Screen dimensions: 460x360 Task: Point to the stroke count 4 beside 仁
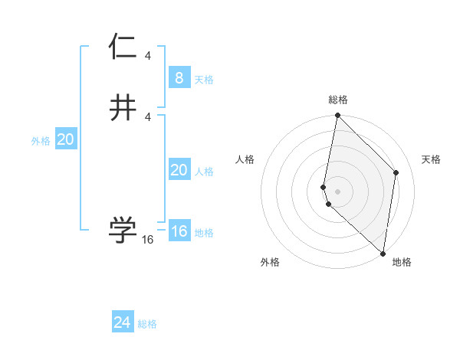(148, 56)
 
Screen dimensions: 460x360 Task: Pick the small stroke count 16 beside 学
(148, 240)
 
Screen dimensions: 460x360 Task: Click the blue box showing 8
(179, 78)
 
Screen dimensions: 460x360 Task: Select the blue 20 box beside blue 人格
(179, 171)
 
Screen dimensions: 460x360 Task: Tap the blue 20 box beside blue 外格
(65, 139)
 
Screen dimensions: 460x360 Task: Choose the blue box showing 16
(179, 231)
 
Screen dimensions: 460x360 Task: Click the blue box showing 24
(123, 322)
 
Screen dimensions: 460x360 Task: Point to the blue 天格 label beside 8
(204, 80)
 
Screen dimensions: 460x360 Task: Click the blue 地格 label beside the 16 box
(204, 233)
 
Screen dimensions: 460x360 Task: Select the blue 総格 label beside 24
(147, 324)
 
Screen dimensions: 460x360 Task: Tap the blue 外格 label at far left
(41, 141)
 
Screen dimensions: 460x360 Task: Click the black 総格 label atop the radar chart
(337, 100)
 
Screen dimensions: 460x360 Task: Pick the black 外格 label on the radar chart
(270, 262)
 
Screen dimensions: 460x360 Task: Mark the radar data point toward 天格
(396, 172)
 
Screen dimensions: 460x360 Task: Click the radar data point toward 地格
(383, 254)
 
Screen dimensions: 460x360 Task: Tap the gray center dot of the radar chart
(337, 191)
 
